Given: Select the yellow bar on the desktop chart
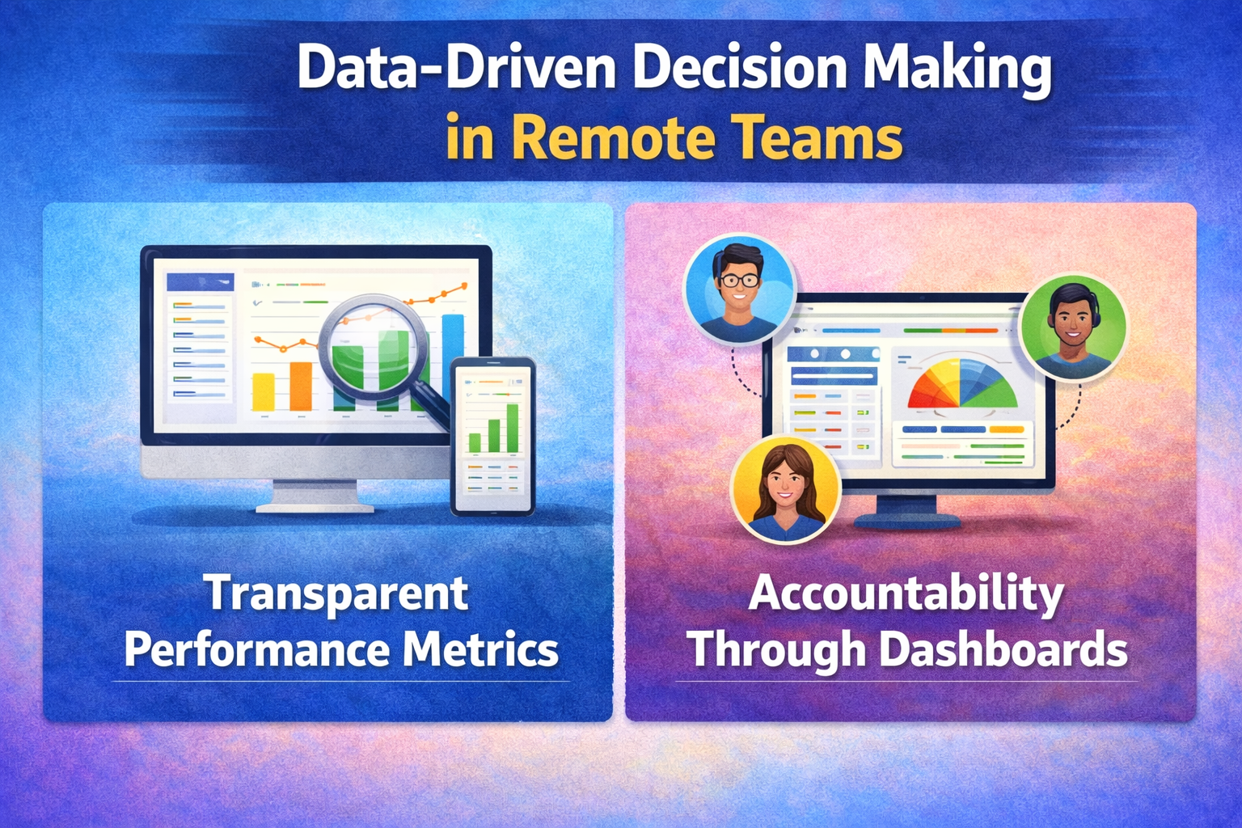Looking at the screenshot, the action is (264, 392).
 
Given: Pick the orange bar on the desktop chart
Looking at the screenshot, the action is (301, 387).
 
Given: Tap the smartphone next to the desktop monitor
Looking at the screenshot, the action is (493, 437).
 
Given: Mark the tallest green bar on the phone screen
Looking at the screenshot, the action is (513, 428).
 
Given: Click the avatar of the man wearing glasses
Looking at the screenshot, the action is (740, 289).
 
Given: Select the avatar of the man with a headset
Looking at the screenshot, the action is (1074, 327).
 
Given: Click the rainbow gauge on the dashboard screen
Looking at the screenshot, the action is (962, 386).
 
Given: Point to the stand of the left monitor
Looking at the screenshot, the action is (315, 495).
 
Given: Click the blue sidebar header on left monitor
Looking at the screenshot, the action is (201, 282).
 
